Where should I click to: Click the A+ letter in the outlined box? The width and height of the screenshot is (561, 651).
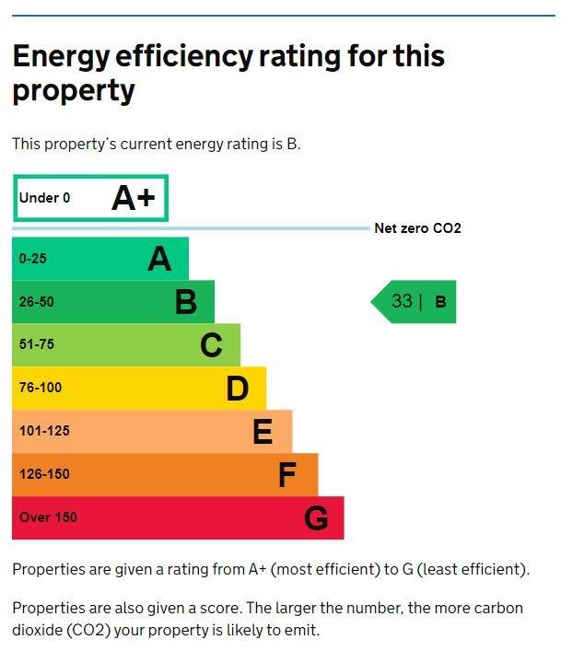click(134, 198)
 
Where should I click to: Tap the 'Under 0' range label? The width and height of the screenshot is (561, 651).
click(44, 198)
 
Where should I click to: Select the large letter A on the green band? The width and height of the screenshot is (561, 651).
click(159, 259)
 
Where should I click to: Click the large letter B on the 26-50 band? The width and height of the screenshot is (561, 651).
click(185, 302)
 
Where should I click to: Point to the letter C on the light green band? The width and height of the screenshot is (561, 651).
click(211, 344)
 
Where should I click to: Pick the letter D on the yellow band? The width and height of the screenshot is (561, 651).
click(238, 389)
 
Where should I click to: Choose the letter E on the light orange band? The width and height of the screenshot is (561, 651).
click(263, 431)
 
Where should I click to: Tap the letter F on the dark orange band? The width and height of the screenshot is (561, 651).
click(287, 474)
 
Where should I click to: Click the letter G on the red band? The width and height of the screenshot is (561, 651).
click(316, 517)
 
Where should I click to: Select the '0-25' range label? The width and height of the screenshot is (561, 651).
click(33, 259)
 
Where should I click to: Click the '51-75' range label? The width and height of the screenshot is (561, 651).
click(37, 344)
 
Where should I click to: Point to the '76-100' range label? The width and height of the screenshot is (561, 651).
click(41, 388)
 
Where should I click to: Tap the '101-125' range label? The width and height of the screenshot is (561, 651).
click(44, 431)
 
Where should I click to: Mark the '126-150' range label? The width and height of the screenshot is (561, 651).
click(44, 473)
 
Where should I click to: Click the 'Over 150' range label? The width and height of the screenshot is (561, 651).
click(48, 517)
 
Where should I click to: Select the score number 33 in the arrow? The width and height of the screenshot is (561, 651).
click(402, 301)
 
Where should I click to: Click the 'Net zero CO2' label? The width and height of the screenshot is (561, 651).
click(417, 228)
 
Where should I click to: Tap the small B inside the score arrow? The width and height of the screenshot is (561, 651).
click(440, 302)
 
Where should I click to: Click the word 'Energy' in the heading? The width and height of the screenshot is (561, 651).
click(62, 57)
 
